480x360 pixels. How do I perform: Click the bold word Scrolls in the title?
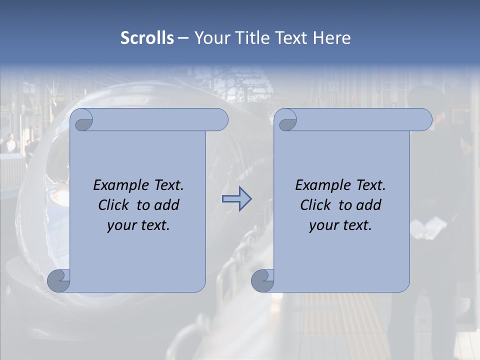pos(147,38)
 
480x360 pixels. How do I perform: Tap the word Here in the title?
pos(332,38)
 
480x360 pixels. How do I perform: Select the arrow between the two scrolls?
pos(236,199)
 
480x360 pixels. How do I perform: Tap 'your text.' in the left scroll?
pos(138,225)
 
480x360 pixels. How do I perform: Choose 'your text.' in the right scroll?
pos(340,225)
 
